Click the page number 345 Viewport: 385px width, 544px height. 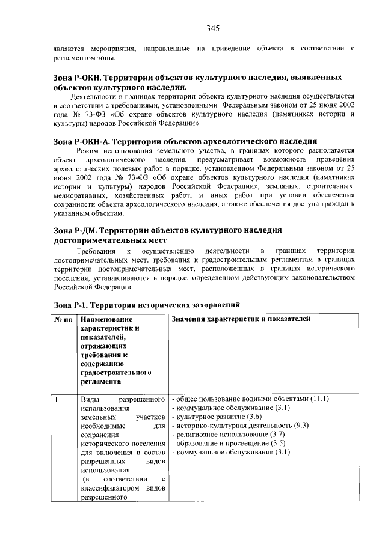[211, 28]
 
